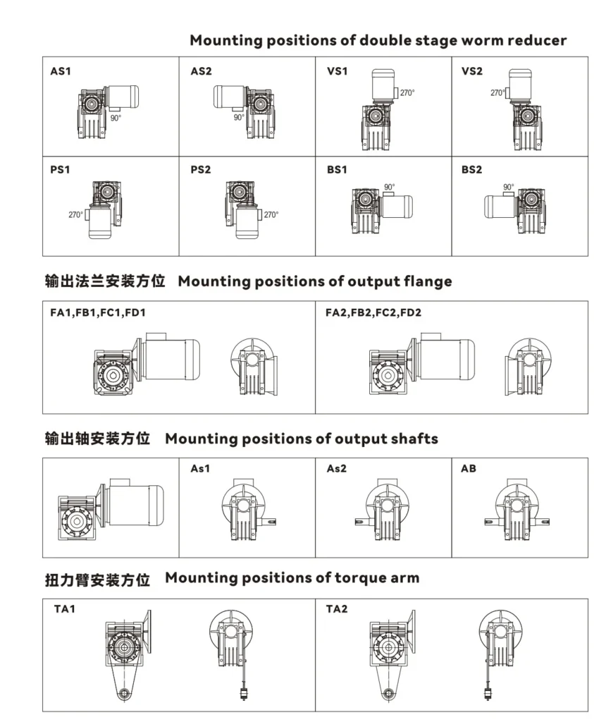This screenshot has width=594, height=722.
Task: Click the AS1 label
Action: click(61, 71)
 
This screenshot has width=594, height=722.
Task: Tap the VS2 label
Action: click(471, 71)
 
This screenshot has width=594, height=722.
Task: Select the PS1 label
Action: click(60, 170)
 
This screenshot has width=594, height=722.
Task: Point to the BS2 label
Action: click(471, 170)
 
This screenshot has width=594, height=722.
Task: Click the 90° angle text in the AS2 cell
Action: click(239, 118)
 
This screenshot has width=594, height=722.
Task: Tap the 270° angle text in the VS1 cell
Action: click(407, 92)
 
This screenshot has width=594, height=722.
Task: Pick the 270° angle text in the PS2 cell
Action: click(271, 214)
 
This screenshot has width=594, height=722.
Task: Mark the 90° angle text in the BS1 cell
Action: click(389, 187)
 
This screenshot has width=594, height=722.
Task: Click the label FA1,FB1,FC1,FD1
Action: click(97, 312)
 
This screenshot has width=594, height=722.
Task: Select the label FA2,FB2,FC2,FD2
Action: click(373, 312)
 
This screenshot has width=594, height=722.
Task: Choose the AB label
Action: click(469, 469)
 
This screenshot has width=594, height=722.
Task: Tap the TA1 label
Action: click(64, 609)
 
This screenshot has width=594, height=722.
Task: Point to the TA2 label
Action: click(337, 609)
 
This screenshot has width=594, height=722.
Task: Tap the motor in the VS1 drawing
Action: click(383, 85)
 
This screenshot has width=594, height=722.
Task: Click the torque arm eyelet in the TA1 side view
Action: click(123, 692)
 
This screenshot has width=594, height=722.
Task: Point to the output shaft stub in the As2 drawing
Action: click(360, 522)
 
